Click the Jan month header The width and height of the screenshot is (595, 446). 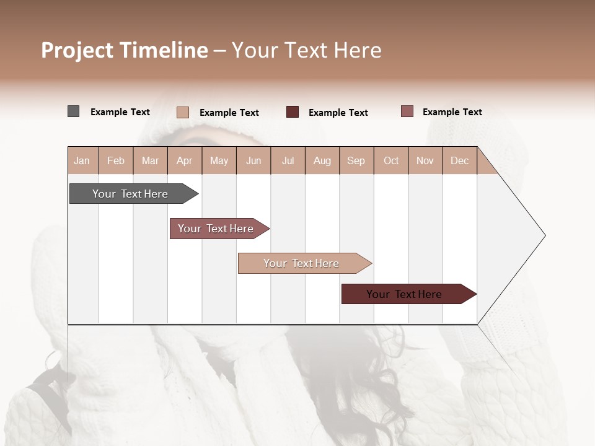(x=82, y=160)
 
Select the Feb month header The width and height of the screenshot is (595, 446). (x=116, y=160)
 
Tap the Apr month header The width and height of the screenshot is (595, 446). (x=185, y=160)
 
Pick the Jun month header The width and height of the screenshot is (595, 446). (x=253, y=160)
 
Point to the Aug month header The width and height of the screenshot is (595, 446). (x=322, y=160)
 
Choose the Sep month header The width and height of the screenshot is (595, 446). (x=356, y=160)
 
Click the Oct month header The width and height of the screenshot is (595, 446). (x=391, y=160)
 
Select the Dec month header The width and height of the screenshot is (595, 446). (x=460, y=160)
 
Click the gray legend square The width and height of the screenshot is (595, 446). (x=74, y=111)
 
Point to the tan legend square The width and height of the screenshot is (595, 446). (x=183, y=112)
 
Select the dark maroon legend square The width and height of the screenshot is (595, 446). (x=293, y=112)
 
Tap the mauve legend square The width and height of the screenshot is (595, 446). (x=407, y=111)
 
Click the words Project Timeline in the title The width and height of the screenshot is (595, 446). (x=125, y=50)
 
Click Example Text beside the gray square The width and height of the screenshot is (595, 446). (x=120, y=112)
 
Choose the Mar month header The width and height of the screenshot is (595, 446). (x=151, y=160)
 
